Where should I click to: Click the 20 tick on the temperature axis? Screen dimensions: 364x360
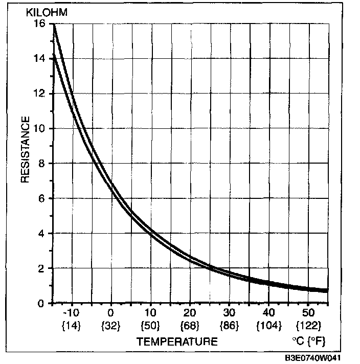click(190, 312)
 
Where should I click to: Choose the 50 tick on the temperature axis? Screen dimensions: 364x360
click(308, 312)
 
